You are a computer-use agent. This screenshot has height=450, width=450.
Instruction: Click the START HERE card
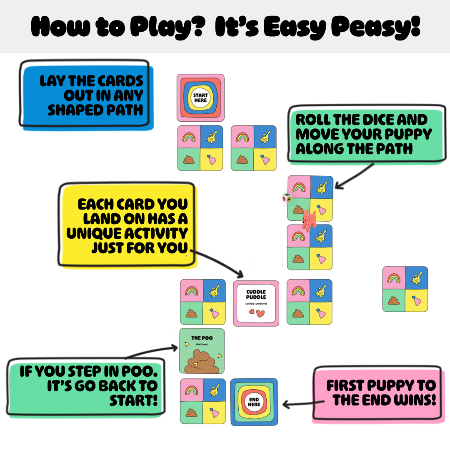200,97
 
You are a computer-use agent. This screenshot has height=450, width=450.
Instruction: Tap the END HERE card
254,402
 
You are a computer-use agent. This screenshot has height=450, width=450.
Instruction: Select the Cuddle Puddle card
256,303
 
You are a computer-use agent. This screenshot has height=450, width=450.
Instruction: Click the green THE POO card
202,351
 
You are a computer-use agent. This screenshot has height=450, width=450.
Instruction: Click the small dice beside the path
287,198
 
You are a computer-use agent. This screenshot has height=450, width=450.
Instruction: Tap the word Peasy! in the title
376,27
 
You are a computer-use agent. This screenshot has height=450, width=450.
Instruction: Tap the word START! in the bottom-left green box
133,400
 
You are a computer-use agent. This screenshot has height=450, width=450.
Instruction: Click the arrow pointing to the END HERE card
304,403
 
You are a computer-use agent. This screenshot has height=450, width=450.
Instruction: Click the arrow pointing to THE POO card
152,351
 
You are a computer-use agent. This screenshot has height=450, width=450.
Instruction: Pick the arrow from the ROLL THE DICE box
355,177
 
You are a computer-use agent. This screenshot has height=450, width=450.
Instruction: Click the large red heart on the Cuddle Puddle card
260,313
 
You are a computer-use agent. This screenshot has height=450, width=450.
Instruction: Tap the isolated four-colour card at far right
405,289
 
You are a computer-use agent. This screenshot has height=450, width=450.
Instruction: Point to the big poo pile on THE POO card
202,362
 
